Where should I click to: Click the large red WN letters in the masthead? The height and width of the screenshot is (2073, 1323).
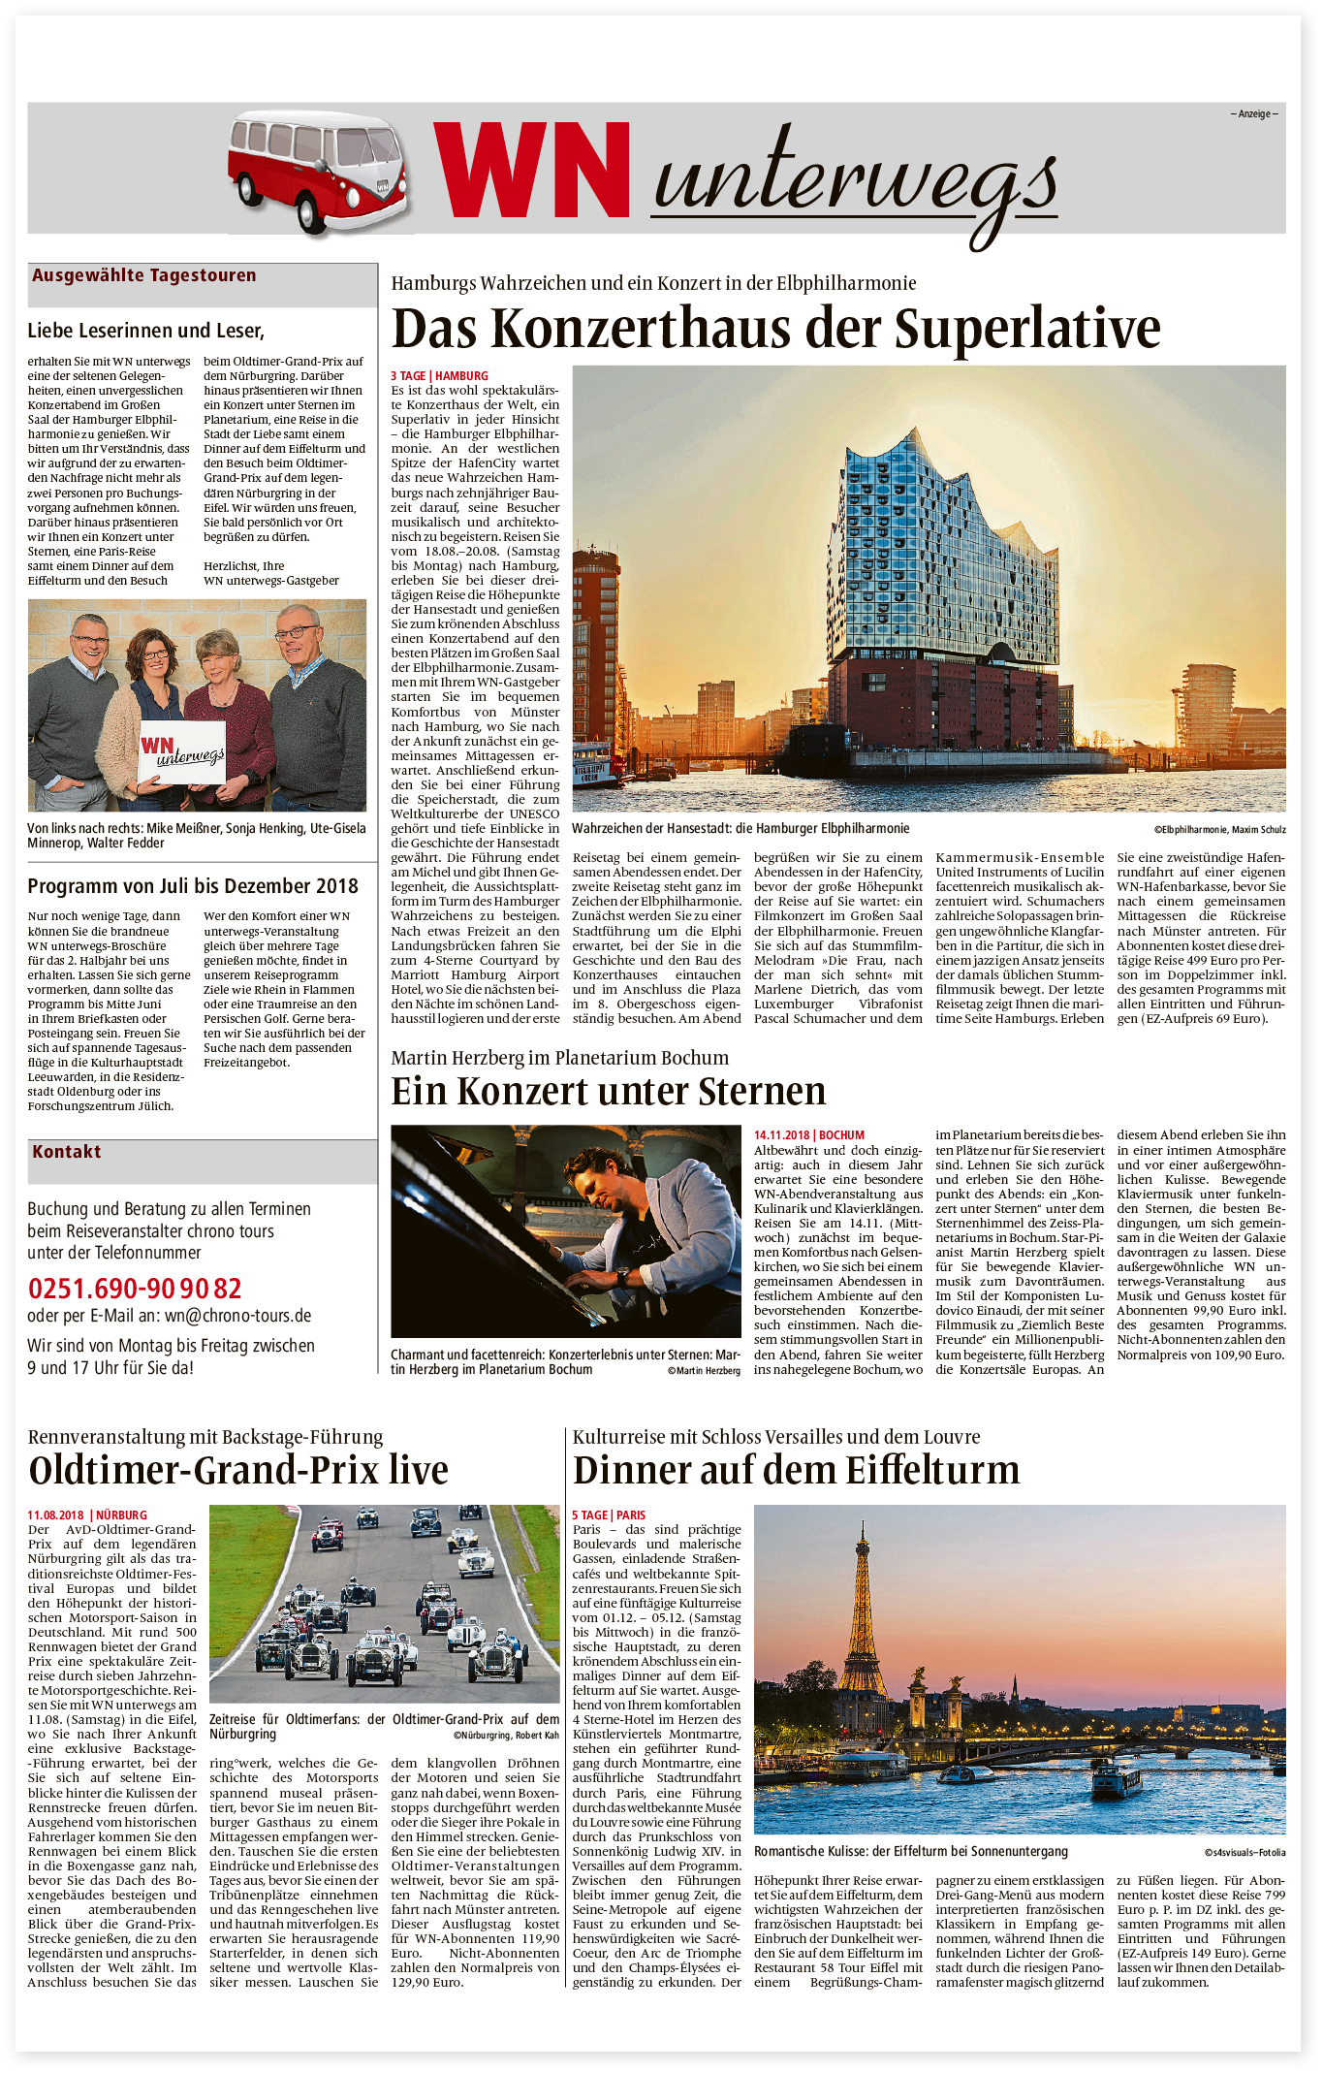[x=532, y=171]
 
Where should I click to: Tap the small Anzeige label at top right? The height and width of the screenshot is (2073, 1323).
[x=1254, y=114]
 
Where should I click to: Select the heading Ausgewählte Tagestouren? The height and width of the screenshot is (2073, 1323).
[x=144, y=275]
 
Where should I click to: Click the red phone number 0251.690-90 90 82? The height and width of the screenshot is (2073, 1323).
[x=135, y=1289]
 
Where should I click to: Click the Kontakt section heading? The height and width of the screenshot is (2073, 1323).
[x=67, y=1152]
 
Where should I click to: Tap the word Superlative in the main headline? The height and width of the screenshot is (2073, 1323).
[x=1027, y=329]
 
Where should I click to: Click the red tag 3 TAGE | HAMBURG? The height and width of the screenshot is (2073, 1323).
[x=439, y=376]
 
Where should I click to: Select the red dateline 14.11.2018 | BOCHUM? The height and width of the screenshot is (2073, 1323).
[x=808, y=1135]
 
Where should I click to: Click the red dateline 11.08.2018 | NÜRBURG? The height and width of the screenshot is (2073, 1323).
[x=87, y=1515]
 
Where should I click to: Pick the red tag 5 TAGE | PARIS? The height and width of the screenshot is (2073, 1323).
[x=608, y=1515]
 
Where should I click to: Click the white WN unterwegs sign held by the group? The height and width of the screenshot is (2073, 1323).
[x=182, y=752]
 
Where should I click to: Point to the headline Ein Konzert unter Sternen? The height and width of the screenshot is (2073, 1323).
[x=608, y=1092]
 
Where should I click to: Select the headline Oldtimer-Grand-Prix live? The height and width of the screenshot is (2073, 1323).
[x=238, y=1471]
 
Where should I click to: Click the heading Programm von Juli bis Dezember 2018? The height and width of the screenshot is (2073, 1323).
[x=193, y=886]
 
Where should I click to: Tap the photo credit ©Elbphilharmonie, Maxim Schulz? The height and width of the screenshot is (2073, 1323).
[x=1219, y=830]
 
